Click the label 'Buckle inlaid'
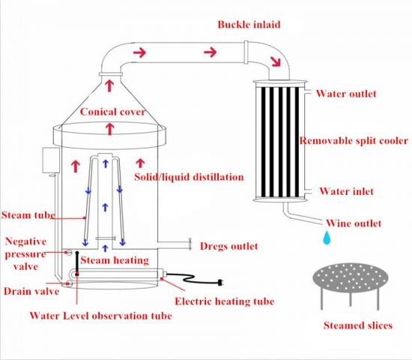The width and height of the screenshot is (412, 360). (249, 25)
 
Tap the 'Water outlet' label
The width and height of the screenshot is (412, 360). (346, 94)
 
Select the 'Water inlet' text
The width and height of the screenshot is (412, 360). (346, 191)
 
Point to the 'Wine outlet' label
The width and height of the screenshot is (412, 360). (354, 223)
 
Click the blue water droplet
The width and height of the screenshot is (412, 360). (327, 238)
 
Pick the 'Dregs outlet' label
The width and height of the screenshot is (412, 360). (229, 246)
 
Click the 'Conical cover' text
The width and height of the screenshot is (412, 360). (112, 112)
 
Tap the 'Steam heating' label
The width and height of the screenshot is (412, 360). (115, 260)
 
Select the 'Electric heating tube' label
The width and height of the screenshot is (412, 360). (225, 301)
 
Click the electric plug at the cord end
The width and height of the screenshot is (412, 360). (221, 283)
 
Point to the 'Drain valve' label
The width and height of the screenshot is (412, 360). (31, 291)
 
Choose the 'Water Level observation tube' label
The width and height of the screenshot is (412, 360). (101, 316)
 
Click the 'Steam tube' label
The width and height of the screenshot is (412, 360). (28, 215)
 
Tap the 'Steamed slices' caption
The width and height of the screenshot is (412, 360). (358, 325)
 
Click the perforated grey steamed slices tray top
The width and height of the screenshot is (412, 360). (351, 277)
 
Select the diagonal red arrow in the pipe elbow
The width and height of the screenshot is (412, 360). (276, 61)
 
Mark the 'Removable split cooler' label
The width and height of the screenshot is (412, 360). (354, 141)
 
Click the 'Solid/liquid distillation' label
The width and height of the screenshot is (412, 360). (189, 177)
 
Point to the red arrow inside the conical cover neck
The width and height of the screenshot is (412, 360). (109, 85)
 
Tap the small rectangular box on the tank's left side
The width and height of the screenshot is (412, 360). (51, 160)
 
